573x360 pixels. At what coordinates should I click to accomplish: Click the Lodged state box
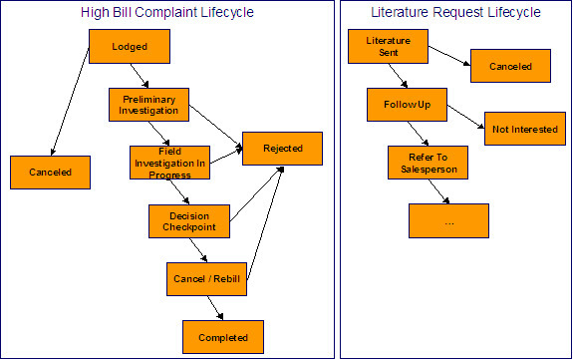129,46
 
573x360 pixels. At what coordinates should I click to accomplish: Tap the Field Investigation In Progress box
169,163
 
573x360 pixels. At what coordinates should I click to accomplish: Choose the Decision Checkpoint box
188,220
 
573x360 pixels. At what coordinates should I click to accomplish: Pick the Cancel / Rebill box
206,278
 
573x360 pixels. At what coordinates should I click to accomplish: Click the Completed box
222,337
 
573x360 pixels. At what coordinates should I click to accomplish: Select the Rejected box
282,148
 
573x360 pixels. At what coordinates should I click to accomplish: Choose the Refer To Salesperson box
428,162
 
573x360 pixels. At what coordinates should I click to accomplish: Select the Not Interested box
523,128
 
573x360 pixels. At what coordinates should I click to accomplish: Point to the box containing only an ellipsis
448,220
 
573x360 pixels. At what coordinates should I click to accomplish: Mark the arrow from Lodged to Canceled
71,105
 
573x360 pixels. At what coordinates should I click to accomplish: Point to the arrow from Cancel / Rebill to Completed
215,308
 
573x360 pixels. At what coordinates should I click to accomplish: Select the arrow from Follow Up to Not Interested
466,115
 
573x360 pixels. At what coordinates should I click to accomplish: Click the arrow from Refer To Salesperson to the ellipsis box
438,191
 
